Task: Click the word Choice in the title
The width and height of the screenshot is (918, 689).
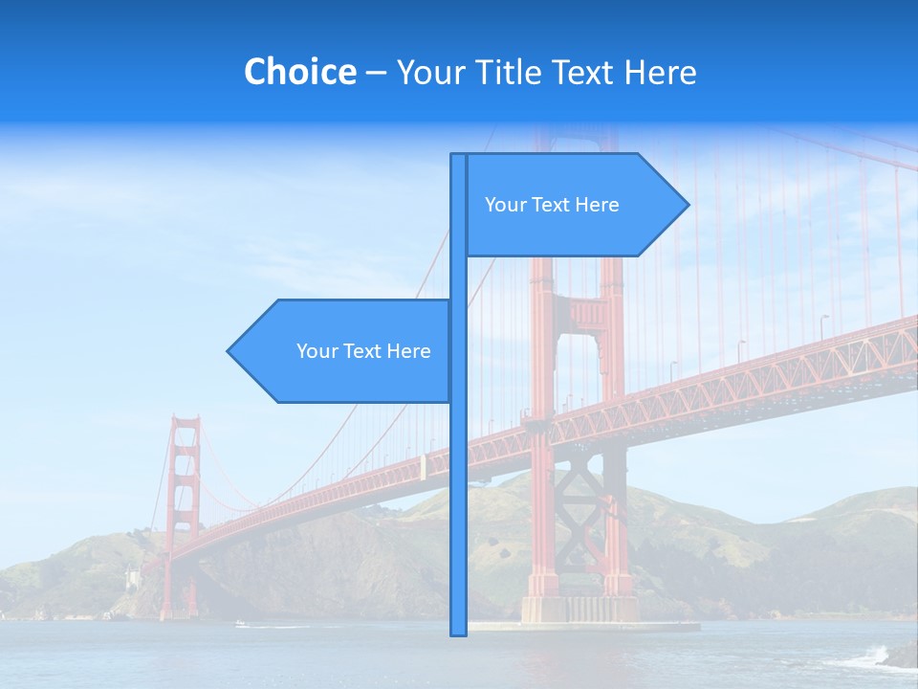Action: click(299, 72)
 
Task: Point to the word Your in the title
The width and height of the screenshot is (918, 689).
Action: click(431, 72)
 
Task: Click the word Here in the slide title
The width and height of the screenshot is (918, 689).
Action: click(660, 72)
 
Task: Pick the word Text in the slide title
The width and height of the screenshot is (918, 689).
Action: click(588, 72)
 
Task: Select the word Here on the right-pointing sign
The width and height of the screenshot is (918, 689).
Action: click(597, 205)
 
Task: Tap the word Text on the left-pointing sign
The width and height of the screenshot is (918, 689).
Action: click(362, 351)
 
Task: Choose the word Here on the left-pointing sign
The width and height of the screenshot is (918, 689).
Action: click(408, 351)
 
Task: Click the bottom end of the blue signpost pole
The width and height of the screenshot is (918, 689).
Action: click(458, 632)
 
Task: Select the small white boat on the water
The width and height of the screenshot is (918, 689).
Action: click(240, 624)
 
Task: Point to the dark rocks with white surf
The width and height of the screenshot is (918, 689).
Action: click(894, 657)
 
